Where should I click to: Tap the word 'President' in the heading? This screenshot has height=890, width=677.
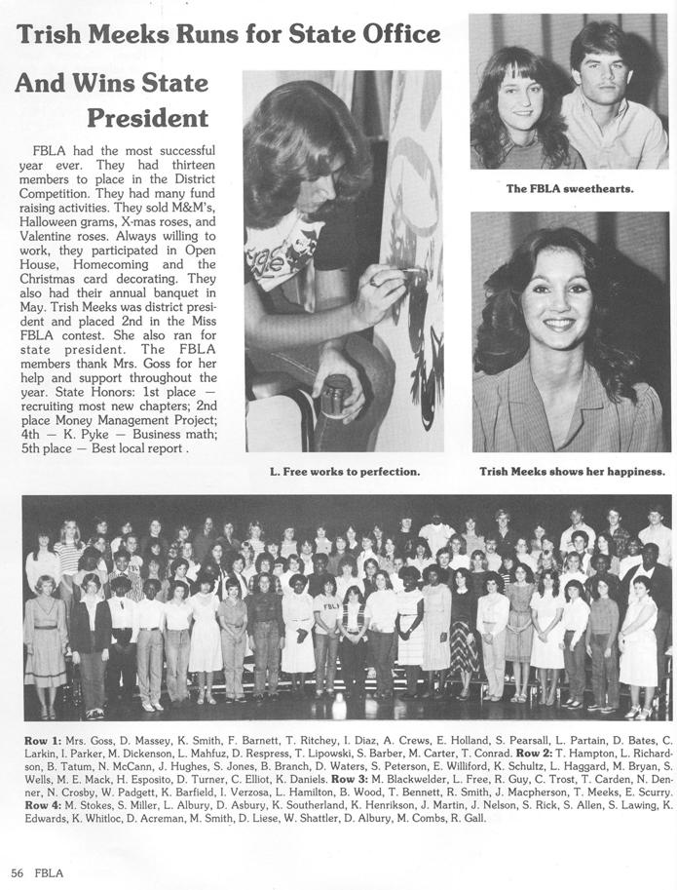pyautogui.click(x=147, y=118)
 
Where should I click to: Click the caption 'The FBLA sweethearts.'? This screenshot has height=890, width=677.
pyautogui.click(x=569, y=188)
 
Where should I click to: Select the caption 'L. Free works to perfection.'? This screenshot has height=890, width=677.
pyautogui.click(x=344, y=472)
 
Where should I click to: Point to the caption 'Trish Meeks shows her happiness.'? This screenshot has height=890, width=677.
pyautogui.click(x=572, y=472)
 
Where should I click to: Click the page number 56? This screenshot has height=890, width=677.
pyautogui.click(x=17, y=871)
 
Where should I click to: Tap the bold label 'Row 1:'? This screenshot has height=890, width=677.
pyautogui.click(x=43, y=741)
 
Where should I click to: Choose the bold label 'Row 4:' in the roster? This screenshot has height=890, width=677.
pyautogui.click(x=43, y=804)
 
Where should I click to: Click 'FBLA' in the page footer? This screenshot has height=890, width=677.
pyautogui.click(x=48, y=871)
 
